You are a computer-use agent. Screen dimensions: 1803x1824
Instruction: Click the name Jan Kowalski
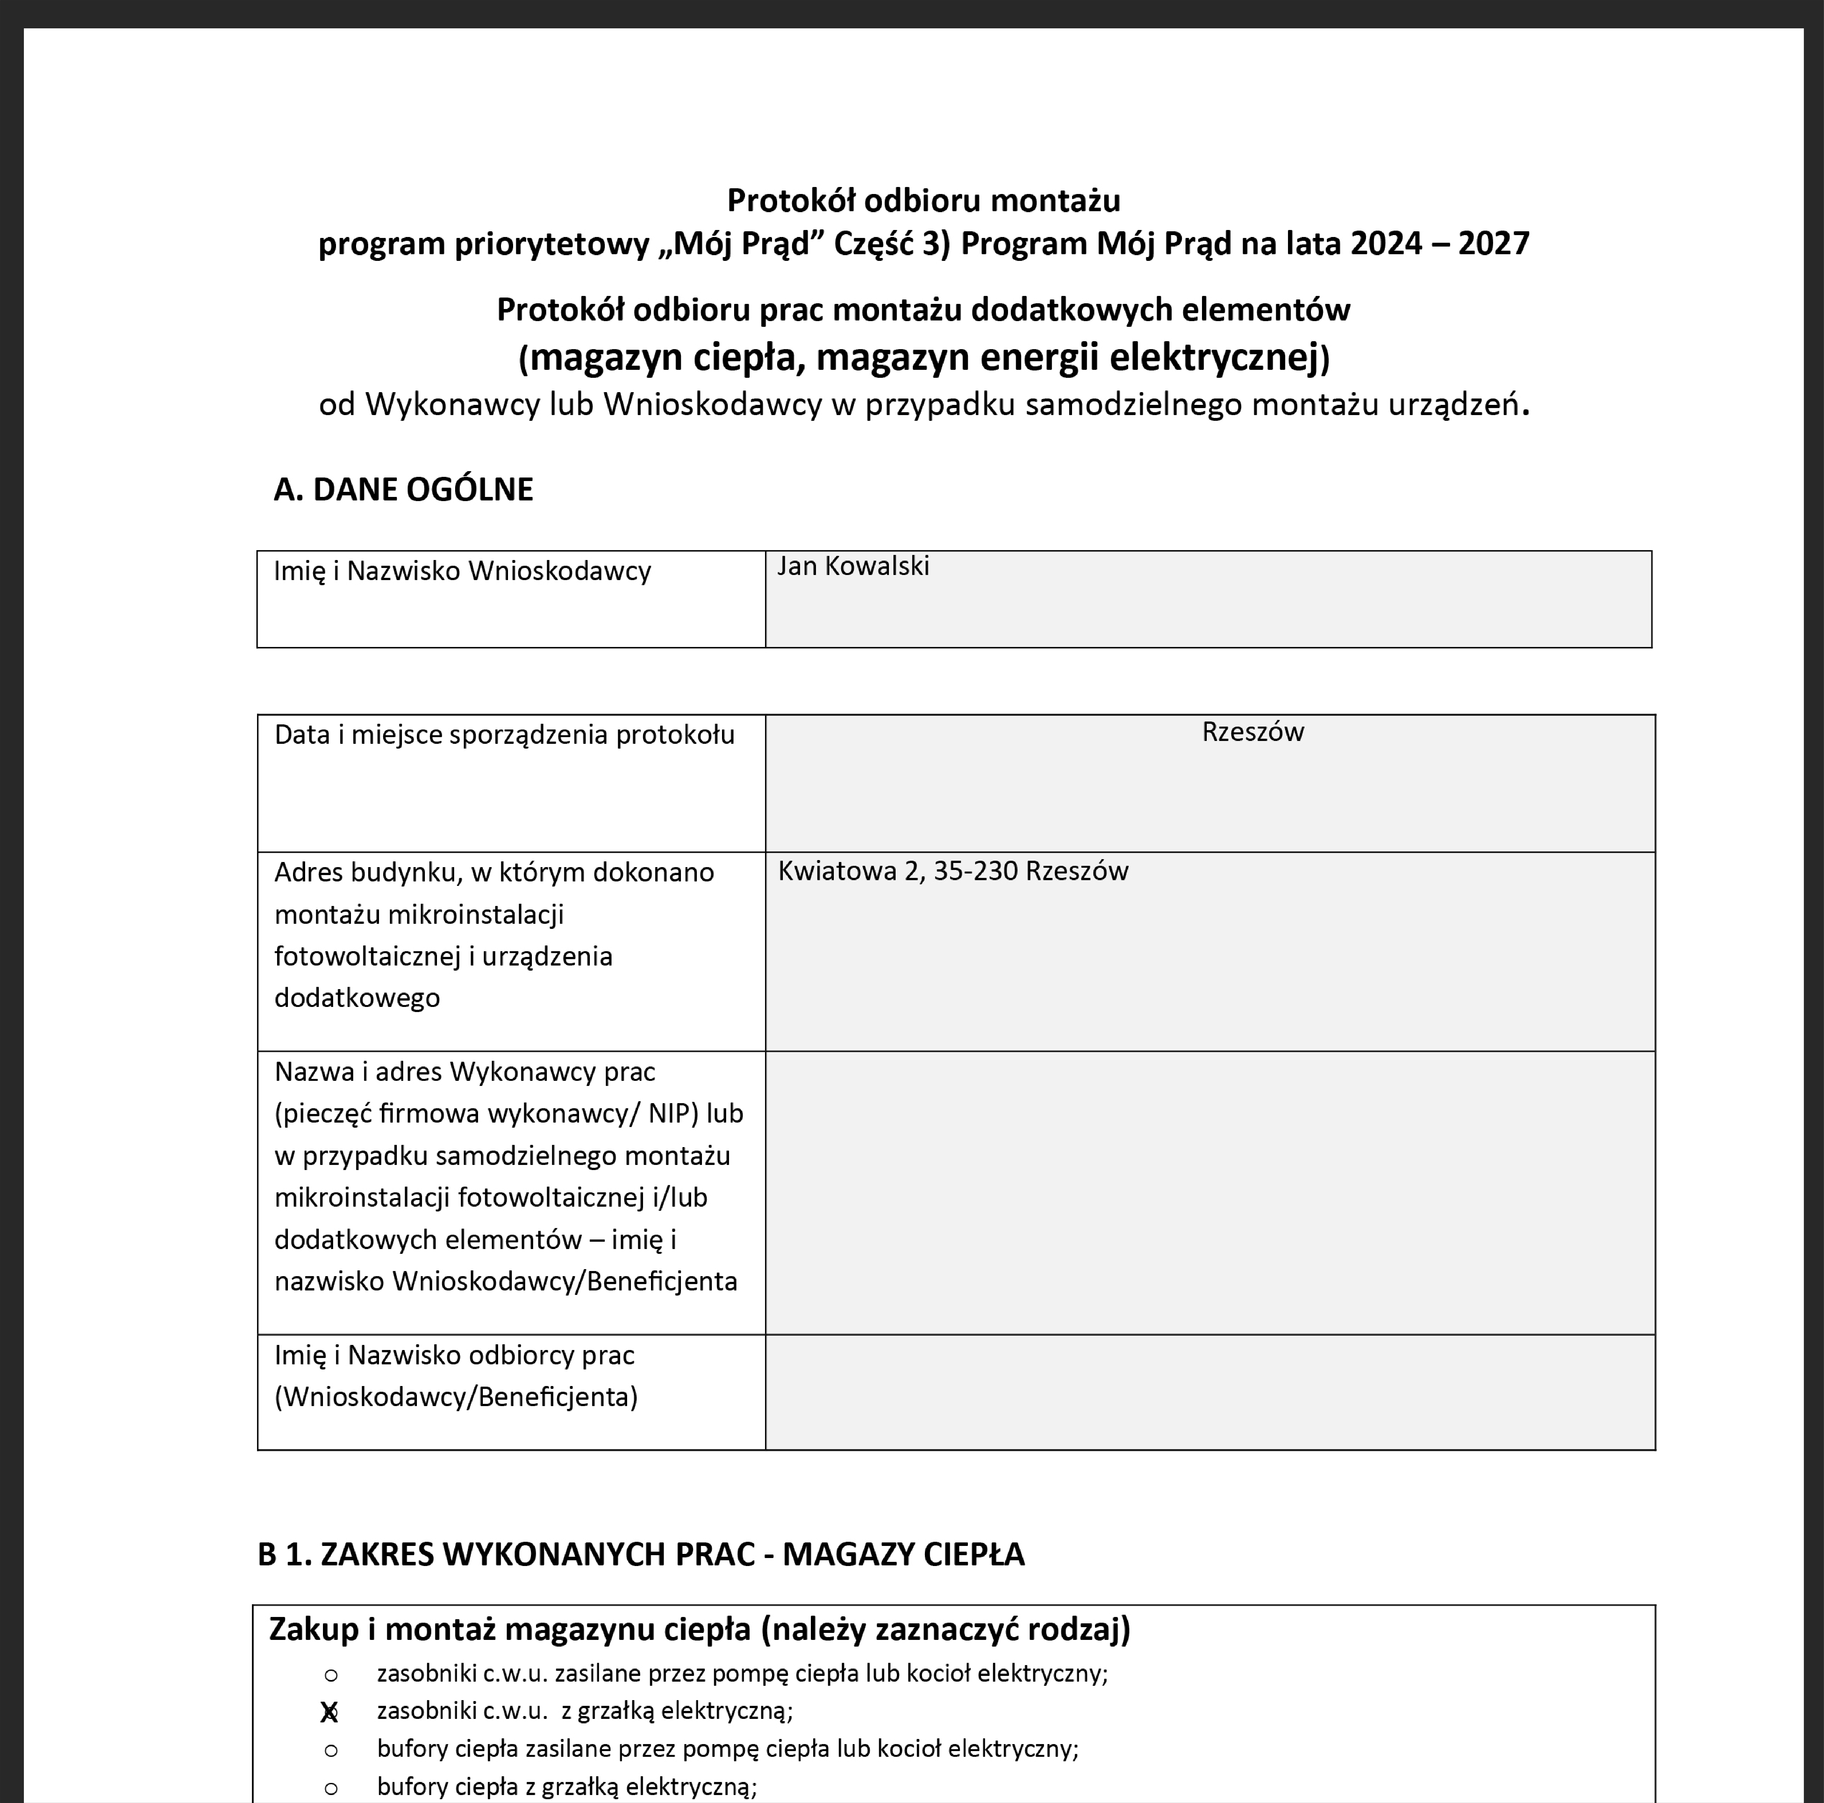tap(853, 567)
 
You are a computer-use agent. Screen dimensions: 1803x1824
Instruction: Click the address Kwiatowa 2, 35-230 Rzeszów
tap(953, 871)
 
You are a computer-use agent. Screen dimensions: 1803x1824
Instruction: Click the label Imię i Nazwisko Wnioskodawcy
tap(462, 571)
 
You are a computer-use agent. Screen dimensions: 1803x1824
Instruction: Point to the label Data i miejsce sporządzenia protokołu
tap(504, 735)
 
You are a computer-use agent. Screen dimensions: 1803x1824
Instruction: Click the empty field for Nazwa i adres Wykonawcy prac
tap(1209, 1192)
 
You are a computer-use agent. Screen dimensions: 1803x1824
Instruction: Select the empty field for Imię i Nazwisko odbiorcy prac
tap(1209, 1391)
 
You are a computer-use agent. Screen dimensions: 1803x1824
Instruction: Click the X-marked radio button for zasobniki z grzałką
tap(330, 1711)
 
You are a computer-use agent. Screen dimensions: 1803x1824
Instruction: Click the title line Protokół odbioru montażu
tap(923, 200)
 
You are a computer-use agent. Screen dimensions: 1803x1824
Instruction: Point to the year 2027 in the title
tap(1494, 244)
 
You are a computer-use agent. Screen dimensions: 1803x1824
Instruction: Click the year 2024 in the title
tap(1386, 244)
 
